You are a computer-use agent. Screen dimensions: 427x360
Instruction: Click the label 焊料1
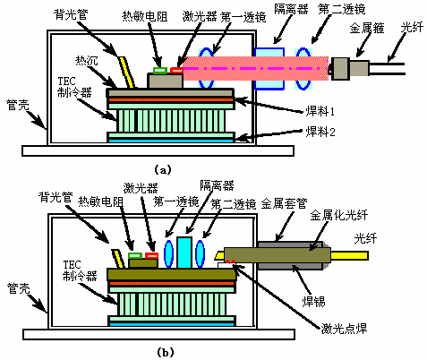pos(320,111)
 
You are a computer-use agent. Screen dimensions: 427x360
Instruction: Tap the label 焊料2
pos(320,132)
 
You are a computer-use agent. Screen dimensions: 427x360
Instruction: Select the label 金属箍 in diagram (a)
pos(367,29)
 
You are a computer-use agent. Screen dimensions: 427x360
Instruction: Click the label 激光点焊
pos(344,329)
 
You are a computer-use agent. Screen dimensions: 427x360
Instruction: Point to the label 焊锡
pos(313,302)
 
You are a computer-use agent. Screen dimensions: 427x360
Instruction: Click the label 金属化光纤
pos(339,215)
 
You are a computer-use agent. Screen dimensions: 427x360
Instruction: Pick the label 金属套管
pos(284,203)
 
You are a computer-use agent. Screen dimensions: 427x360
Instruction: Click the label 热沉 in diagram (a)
pos(87,61)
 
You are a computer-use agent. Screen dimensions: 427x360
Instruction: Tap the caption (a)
pos(163,170)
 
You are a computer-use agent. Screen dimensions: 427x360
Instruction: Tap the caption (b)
pos(165,353)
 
